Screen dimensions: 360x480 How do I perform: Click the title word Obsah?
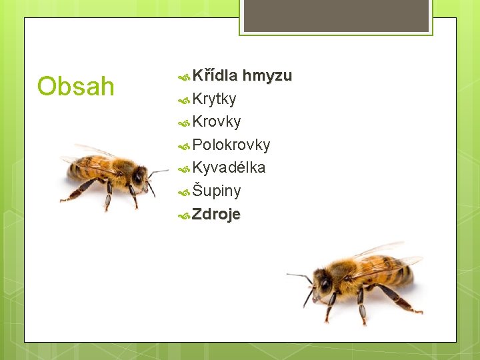pyautogui.click(x=76, y=87)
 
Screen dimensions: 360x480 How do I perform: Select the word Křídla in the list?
pyautogui.click(x=215, y=76)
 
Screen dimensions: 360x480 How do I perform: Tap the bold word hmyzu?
pyautogui.click(x=267, y=76)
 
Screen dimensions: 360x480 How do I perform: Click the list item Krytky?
pyautogui.click(x=214, y=99)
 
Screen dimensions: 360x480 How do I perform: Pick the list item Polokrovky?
pyautogui.click(x=231, y=145)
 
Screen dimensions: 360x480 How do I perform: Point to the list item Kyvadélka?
pyautogui.click(x=229, y=167)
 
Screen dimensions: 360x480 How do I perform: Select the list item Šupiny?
pyautogui.click(x=217, y=191)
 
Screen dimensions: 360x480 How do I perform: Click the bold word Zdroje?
pyautogui.click(x=216, y=214)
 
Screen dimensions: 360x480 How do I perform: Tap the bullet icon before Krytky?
pyautogui.click(x=185, y=100)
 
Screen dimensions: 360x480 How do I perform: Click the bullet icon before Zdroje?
pyautogui.click(x=185, y=215)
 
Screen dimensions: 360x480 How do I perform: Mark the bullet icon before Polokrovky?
pyautogui.click(x=185, y=145)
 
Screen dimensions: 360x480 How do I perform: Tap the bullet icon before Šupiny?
pyautogui.click(x=185, y=192)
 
